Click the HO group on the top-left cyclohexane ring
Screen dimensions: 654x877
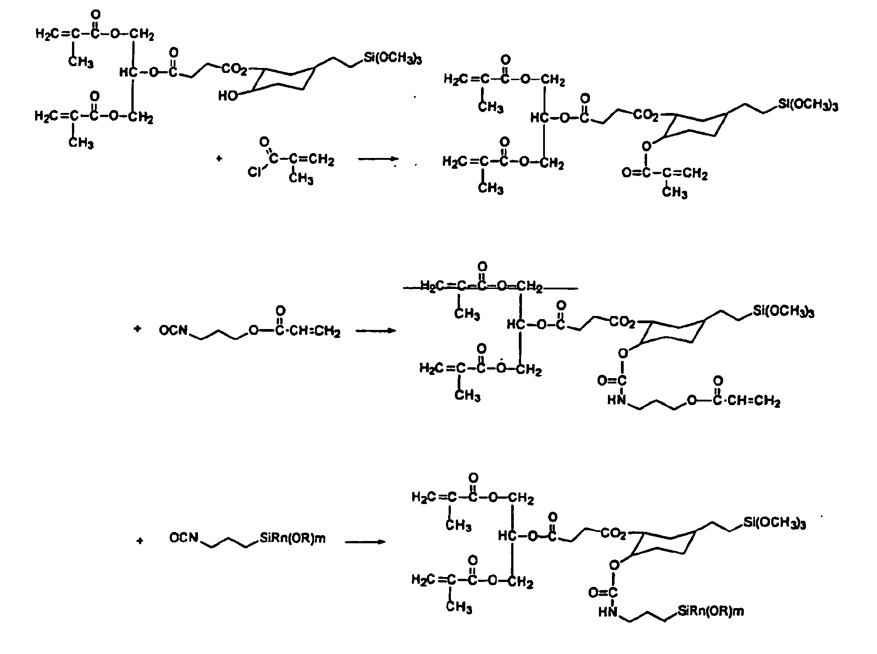[228, 96]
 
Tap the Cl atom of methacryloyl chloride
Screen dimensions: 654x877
[255, 172]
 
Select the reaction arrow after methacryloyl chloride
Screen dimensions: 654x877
[378, 159]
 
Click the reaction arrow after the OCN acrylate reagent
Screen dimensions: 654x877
[375, 331]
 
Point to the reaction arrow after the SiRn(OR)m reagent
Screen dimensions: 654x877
[365, 541]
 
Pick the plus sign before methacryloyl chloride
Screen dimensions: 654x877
[219, 159]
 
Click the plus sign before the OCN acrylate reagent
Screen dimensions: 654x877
[137, 329]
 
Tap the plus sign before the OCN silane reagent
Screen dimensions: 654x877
[140, 541]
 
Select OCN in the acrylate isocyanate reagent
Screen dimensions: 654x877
[173, 331]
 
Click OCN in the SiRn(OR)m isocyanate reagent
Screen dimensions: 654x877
[184, 537]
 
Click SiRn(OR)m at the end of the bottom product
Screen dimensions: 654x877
[710, 611]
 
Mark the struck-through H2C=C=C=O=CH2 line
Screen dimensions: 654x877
[481, 287]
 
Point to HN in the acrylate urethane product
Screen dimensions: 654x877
[616, 400]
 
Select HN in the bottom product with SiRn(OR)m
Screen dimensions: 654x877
[608, 612]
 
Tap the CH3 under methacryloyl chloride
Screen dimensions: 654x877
[301, 179]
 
